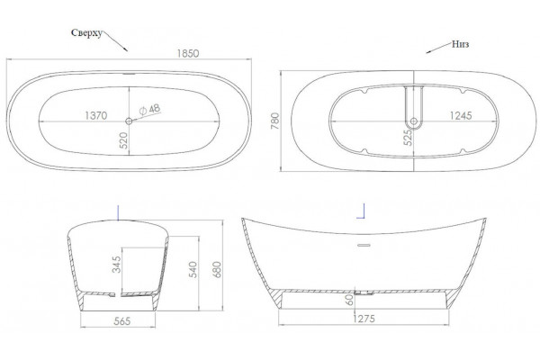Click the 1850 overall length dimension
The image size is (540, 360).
[x=188, y=53]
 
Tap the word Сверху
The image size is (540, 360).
[x=86, y=33]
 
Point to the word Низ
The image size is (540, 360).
[x=461, y=44]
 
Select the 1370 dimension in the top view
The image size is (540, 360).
[x=96, y=115]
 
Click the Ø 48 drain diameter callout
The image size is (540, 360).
[x=149, y=110]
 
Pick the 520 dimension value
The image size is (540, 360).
[x=123, y=140]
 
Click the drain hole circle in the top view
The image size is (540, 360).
[x=129, y=121]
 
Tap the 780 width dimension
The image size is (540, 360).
[x=275, y=121]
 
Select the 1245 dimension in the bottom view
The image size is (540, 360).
[x=461, y=115]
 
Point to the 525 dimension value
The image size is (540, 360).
[x=408, y=137]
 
